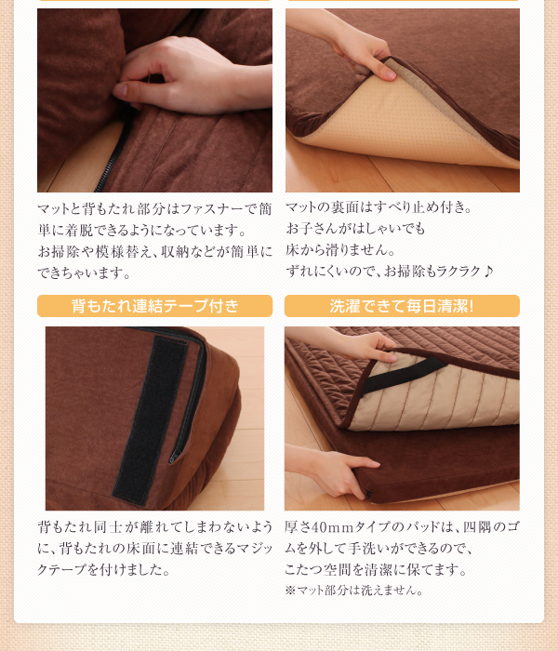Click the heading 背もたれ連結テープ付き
pos(155,306)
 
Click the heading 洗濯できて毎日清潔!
pos(402,306)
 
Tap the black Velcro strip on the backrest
pos(150,419)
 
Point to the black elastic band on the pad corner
pos(402,375)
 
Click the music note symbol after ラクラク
pos(488,272)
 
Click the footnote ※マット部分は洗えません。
pos(353,590)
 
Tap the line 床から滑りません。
pos(340,250)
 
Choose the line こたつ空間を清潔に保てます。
pos(376,569)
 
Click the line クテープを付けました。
pos(104,569)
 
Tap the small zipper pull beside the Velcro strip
pos(175,456)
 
